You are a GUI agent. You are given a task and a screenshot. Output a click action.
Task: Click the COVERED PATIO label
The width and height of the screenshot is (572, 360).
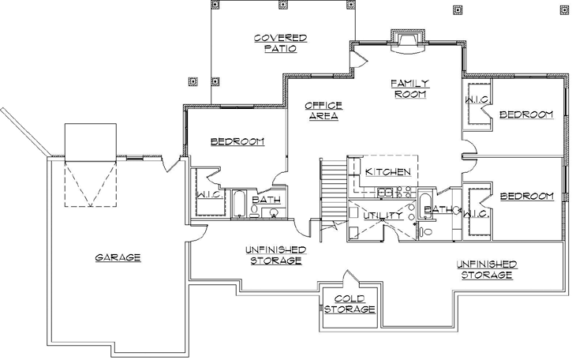click(280, 43)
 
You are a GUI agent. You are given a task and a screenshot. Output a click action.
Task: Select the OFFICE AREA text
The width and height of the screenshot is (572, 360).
click(323, 111)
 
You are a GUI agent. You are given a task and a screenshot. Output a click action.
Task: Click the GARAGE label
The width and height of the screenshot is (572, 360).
click(118, 257)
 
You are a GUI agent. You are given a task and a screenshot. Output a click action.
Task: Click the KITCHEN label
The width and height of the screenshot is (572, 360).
click(386, 171)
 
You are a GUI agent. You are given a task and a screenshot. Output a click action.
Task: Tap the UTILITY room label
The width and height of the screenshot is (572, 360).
click(378, 215)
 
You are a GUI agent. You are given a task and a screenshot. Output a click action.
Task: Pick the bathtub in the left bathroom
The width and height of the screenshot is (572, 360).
click(238, 204)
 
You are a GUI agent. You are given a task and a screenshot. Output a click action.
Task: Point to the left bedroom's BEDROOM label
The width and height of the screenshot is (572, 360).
click(237, 141)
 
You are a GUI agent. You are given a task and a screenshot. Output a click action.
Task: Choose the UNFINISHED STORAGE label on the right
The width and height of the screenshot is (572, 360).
click(486, 269)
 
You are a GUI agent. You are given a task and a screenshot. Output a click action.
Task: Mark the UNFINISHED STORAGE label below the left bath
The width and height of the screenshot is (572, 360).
click(275, 254)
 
